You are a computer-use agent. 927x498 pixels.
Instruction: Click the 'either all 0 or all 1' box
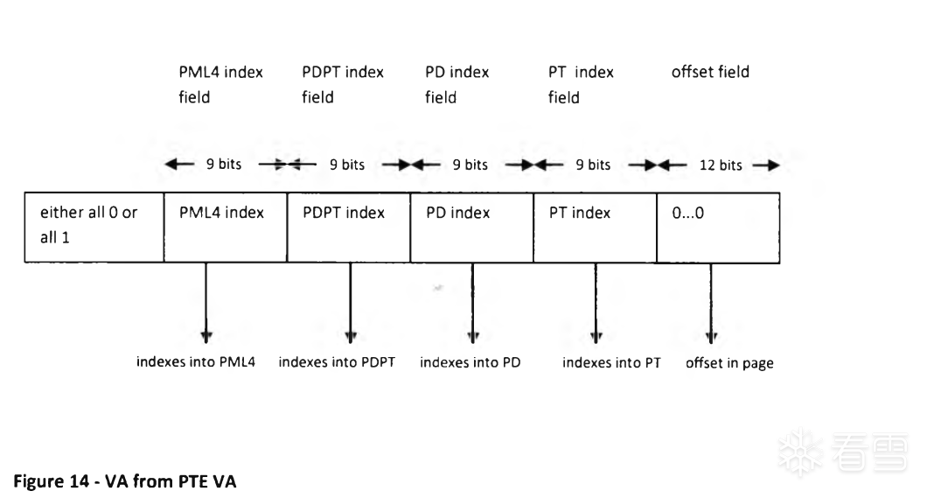(x=94, y=227)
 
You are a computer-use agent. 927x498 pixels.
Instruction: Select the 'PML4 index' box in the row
(x=226, y=227)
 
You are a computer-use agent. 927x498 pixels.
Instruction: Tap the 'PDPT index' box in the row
(x=349, y=227)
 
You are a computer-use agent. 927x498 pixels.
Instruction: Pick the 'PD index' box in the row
(x=471, y=227)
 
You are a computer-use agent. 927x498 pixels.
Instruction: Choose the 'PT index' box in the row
(x=596, y=227)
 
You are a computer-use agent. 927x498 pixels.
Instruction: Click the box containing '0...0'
(x=718, y=227)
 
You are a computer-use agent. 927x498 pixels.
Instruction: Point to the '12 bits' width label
(x=721, y=165)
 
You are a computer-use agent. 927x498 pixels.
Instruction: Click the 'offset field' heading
(x=710, y=72)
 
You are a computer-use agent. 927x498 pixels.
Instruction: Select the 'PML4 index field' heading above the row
(x=220, y=85)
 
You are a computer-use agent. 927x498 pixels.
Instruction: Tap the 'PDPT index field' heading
(x=343, y=85)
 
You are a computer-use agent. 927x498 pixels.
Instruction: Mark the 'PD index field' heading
(x=457, y=85)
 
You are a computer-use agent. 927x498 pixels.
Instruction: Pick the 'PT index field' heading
(x=581, y=85)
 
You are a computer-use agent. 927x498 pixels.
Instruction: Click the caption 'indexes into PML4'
(x=196, y=362)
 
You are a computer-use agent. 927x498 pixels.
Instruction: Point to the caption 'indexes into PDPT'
(x=337, y=362)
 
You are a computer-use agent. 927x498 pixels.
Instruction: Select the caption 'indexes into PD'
(x=470, y=362)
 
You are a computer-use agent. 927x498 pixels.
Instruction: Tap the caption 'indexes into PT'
(x=611, y=362)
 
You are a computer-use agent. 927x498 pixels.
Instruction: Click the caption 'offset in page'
(x=729, y=363)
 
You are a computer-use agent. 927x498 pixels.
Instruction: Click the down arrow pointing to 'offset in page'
(x=711, y=304)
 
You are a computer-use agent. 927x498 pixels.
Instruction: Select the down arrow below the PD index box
(x=472, y=304)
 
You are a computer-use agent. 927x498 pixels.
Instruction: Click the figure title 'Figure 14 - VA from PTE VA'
(x=125, y=481)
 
